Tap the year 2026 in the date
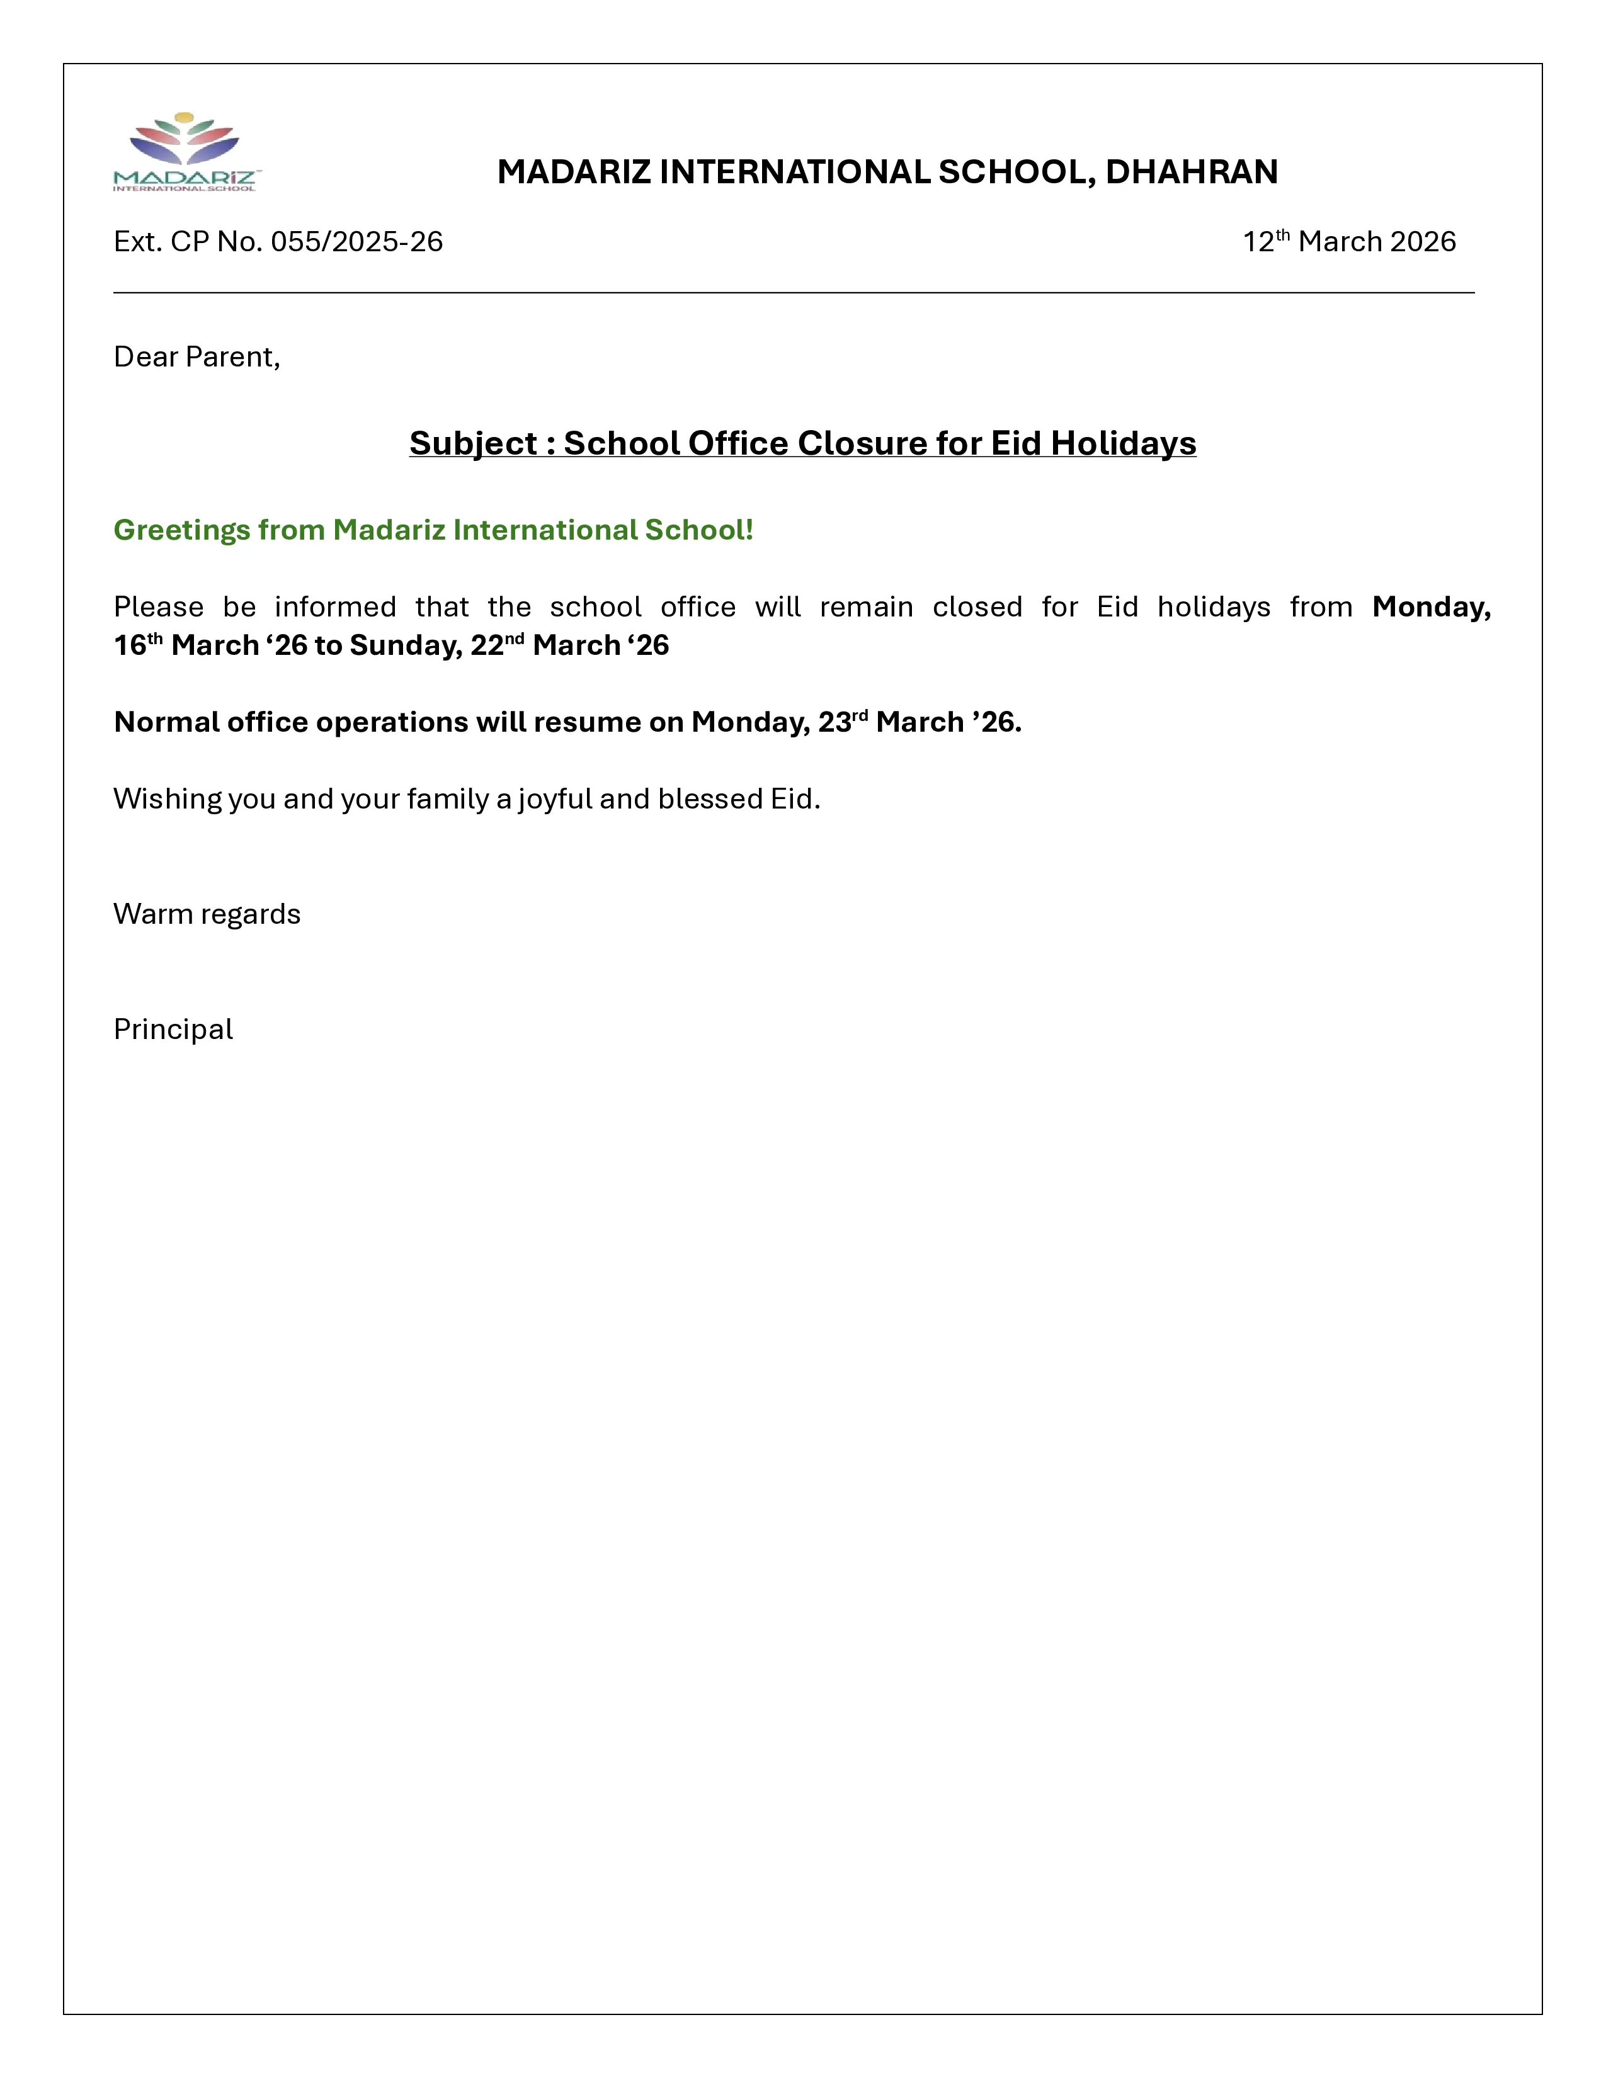pos(1423,242)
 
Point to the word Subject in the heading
pos(473,443)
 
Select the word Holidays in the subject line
pos(1123,443)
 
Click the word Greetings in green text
pos(181,530)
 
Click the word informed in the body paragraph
pos(335,607)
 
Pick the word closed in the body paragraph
pos(977,607)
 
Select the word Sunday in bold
pos(404,645)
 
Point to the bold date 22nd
pos(497,645)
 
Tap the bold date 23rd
pos(843,722)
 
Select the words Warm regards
pos(207,914)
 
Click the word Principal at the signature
pos(173,1030)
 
